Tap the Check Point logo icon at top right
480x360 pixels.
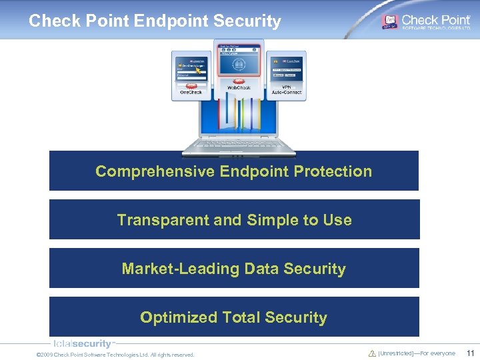(x=389, y=21)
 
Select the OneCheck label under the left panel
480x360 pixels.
(x=191, y=92)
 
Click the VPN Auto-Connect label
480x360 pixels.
(x=287, y=89)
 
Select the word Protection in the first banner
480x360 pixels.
(x=333, y=171)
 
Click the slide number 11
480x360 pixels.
(x=470, y=353)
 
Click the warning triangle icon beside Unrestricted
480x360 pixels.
(x=372, y=353)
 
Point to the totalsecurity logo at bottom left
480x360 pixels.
(x=83, y=344)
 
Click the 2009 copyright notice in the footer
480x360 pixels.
(x=115, y=355)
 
